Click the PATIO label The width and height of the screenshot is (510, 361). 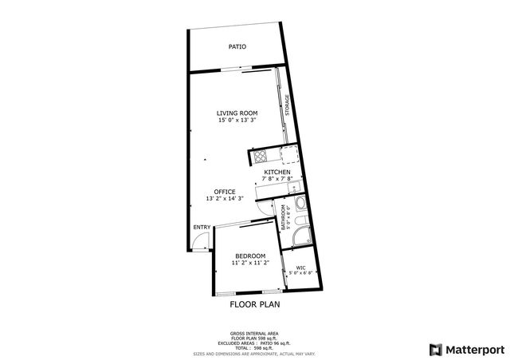pos(237,47)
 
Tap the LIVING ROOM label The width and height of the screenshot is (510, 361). pos(237,113)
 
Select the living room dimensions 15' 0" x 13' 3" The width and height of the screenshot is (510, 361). pos(237,121)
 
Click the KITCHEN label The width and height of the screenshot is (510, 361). pos(277,173)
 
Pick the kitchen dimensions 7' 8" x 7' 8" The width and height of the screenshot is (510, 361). pos(277,180)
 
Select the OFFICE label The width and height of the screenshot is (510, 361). pos(224,192)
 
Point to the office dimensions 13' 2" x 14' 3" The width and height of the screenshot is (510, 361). pos(224,199)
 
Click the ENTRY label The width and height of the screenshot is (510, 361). pos(202,227)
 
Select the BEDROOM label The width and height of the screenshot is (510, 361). pos(249,256)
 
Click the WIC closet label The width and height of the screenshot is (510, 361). pos(300,268)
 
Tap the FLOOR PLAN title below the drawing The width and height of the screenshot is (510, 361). pos(255,304)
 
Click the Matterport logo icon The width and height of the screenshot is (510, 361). pos(434,349)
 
